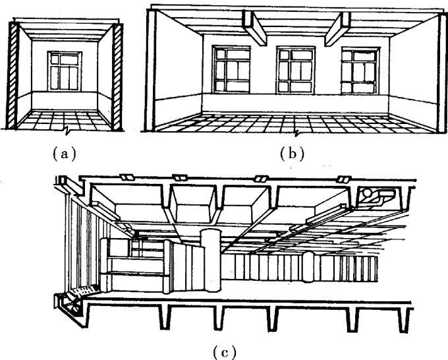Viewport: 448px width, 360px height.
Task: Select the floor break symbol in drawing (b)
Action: (300, 133)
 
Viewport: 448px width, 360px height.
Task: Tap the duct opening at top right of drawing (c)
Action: (375, 195)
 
